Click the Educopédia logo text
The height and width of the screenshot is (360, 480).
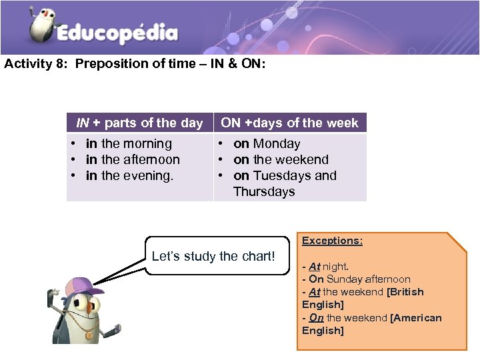(x=117, y=33)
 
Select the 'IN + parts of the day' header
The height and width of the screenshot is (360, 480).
(x=139, y=123)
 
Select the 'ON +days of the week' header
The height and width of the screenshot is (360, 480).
(x=289, y=123)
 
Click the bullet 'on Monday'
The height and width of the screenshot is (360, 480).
(x=267, y=144)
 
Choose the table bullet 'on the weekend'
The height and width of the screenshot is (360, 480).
(x=281, y=160)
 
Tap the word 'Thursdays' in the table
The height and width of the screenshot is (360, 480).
(x=264, y=192)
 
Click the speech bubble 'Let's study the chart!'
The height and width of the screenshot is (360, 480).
(x=213, y=256)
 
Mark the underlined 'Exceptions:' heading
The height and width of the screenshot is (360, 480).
(x=332, y=241)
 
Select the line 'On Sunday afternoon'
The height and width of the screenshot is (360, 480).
(x=359, y=279)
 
